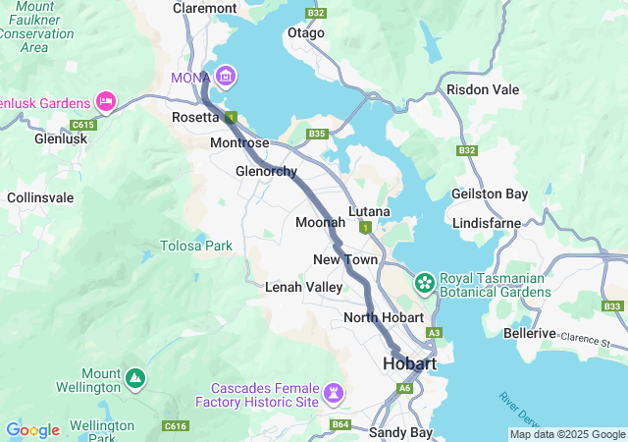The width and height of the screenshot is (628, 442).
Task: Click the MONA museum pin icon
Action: [x=227, y=76]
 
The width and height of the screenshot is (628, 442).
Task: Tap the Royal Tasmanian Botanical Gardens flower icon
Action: [x=425, y=283]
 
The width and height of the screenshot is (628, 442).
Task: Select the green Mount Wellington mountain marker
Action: [x=134, y=377]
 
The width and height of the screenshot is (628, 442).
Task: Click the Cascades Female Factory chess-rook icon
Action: [x=336, y=393]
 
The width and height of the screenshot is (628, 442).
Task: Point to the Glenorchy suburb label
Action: [x=266, y=171]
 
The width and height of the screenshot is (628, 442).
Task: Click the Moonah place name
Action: [x=320, y=222]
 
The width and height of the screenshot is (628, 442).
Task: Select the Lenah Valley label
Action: [x=304, y=287]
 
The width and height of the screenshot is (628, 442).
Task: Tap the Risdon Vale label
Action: [x=482, y=89]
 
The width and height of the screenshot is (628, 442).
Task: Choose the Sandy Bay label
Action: [x=400, y=432]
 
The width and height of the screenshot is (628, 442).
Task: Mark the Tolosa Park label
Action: [x=197, y=246]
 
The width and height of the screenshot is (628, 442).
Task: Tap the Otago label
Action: [x=305, y=32]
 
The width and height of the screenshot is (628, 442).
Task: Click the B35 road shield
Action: [x=316, y=134]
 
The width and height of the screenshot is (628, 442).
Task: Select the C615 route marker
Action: [x=83, y=125]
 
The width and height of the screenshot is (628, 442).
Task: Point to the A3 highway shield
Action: [x=434, y=333]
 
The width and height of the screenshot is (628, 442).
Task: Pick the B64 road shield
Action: [x=340, y=424]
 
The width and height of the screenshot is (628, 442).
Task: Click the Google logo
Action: [x=32, y=430]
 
